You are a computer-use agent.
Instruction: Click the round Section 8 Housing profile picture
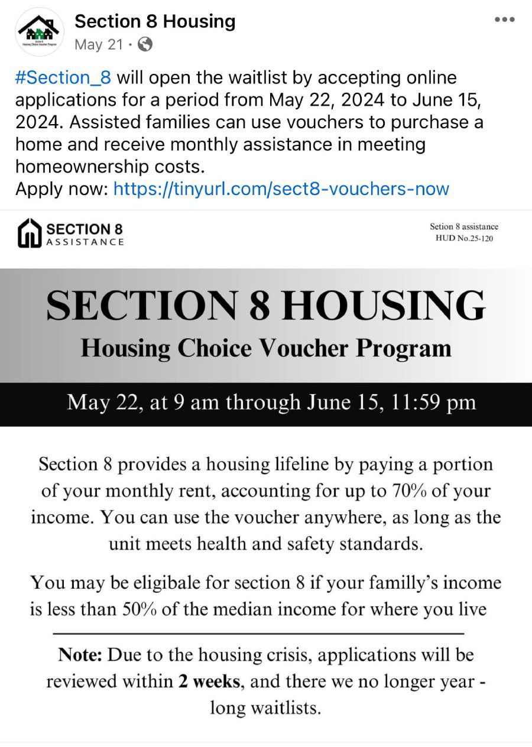coord(40,32)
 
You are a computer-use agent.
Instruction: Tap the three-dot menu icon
coord(504,20)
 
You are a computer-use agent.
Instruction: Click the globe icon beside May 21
coord(145,44)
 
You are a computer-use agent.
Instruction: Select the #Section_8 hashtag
coord(63,77)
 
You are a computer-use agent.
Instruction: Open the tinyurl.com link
coord(281,189)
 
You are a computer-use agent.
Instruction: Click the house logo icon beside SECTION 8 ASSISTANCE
coord(30,233)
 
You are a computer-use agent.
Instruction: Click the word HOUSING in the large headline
coord(383,306)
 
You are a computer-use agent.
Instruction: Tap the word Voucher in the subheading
coord(307,347)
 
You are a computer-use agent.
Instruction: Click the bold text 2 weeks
coord(209,681)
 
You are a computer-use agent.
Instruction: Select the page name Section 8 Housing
coord(155,21)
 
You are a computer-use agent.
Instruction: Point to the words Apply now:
coord(61,189)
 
